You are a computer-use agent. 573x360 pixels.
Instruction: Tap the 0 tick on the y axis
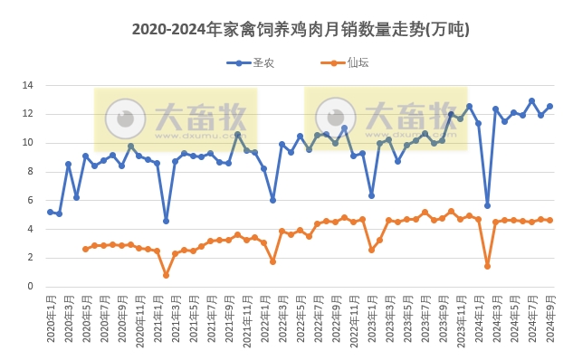click(30, 287)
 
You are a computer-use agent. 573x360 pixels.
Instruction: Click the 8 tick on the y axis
click(30, 171)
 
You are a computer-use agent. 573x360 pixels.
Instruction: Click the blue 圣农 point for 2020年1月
click(51, 212)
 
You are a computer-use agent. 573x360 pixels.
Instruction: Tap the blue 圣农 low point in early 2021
click(166, 221)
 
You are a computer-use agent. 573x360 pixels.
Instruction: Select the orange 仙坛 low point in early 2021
click(166, 275)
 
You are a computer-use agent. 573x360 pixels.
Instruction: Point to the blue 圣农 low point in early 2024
click(487, 205)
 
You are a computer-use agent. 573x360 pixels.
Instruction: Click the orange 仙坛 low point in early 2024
click(487, 266)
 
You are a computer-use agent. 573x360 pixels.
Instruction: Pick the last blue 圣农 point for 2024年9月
click(549, 106)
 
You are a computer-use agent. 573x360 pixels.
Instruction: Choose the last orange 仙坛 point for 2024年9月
click(549, 220)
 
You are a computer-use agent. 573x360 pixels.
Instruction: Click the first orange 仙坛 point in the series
click(86, 249)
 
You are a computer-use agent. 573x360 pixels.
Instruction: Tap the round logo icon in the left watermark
click(125, 118)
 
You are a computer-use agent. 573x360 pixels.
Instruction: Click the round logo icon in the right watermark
click(336, 118)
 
